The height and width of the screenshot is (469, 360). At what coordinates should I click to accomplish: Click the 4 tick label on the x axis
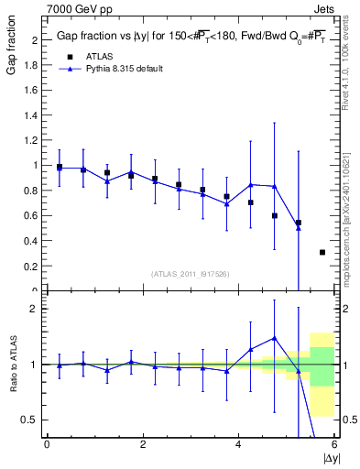[238, 445]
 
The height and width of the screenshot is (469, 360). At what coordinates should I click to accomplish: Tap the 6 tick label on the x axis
[333, 445]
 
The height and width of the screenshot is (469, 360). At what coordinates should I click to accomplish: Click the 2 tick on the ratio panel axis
[35, 309]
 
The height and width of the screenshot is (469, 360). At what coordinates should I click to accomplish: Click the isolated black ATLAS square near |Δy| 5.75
[322, 252]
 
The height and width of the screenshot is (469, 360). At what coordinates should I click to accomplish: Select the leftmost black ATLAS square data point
[60, 168]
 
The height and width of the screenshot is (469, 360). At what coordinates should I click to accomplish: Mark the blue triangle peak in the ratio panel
[274, 338]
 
